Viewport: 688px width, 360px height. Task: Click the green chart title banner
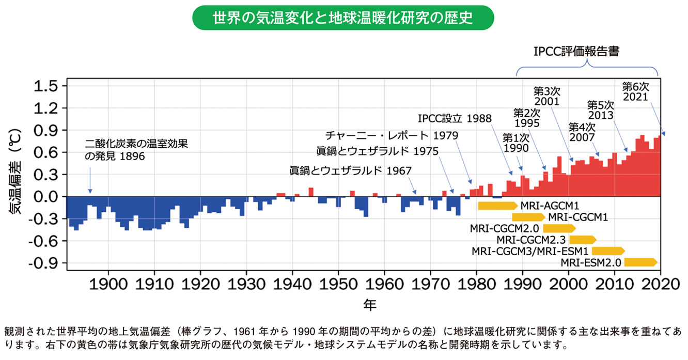343,18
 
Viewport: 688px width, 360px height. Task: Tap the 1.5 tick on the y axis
48,86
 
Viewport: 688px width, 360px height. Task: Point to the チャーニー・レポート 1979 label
391,135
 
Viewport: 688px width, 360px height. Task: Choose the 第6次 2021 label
635,91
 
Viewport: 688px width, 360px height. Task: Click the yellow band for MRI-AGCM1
497,206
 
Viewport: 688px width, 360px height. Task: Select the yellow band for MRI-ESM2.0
640,262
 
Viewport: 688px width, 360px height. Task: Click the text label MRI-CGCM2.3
531,240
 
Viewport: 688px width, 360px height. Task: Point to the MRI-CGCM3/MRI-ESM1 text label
530,251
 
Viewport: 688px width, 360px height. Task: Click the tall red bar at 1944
311,192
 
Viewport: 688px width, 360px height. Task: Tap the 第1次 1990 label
515,143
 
